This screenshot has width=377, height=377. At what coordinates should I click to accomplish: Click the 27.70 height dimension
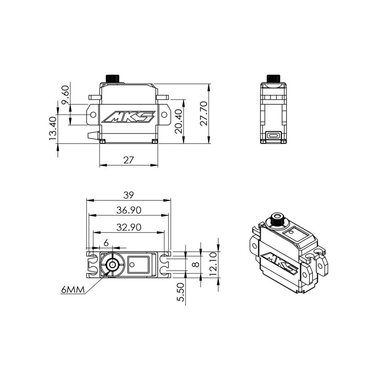coord(204,113)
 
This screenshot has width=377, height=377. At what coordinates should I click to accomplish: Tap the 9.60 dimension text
coord(65,95)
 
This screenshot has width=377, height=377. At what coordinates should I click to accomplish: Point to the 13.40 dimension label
coord(53,129)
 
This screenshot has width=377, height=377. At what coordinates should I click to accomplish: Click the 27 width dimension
coord(128,159)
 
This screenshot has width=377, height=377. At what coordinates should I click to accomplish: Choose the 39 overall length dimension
coord(128,195)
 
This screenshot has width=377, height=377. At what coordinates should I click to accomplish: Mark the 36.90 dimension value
coord(129,210)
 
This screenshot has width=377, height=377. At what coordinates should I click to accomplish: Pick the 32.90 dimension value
coord(129,227)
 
